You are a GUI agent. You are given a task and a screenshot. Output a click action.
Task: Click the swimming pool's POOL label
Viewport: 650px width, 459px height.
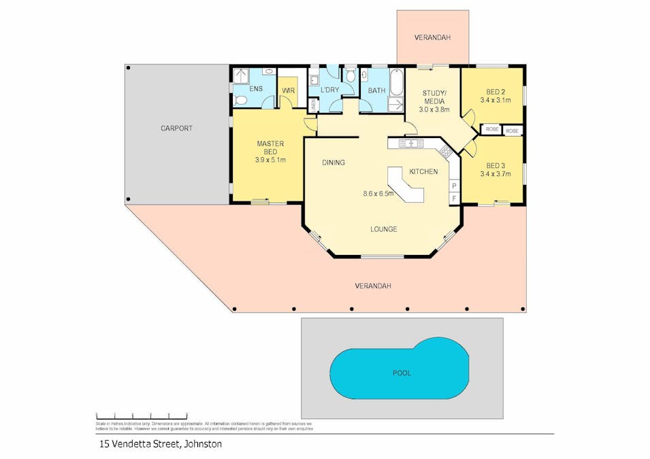click(x=402, y=373)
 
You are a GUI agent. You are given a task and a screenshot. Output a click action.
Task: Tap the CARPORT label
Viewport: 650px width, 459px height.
click(x=176, y=128)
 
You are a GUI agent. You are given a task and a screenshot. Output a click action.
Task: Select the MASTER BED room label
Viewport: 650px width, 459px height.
click(x=270, y=148)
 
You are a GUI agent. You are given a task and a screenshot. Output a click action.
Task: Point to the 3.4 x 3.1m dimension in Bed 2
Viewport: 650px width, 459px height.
click(x=495, y=100)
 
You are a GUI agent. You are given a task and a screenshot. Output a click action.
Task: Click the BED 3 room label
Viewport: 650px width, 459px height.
click(x=495, y=165)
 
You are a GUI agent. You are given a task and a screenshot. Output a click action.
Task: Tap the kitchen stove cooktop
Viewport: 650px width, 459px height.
click(x=445, y=150)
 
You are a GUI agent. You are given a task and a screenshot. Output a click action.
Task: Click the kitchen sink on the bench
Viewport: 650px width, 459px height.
click(x=411, y=143)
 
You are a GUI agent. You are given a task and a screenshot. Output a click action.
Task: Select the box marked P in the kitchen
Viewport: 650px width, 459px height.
click(x=454, y=186)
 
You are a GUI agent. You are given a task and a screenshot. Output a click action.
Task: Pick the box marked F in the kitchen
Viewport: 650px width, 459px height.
click(x=454, y=198)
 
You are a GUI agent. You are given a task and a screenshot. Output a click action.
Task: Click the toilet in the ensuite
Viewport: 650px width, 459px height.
click(x=240, y=101)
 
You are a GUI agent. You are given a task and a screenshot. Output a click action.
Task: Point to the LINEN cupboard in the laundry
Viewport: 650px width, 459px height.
click(x=313, y=106)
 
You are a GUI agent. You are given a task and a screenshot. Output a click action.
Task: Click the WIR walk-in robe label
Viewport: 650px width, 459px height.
click(x=288, y=90)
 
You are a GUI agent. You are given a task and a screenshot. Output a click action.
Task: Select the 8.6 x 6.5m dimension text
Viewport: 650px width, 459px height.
click(x=378, y=194)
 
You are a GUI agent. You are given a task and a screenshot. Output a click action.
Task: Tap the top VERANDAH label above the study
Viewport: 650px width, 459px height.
click(x=432, y=37)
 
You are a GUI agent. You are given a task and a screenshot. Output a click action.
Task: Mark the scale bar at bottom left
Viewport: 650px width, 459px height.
click(x=141, y=415)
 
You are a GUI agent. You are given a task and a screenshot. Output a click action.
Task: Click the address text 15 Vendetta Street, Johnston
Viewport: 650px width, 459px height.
click(x=158, y=444)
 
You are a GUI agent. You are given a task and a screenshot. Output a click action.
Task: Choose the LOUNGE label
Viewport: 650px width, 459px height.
click(x=383, y=229)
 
